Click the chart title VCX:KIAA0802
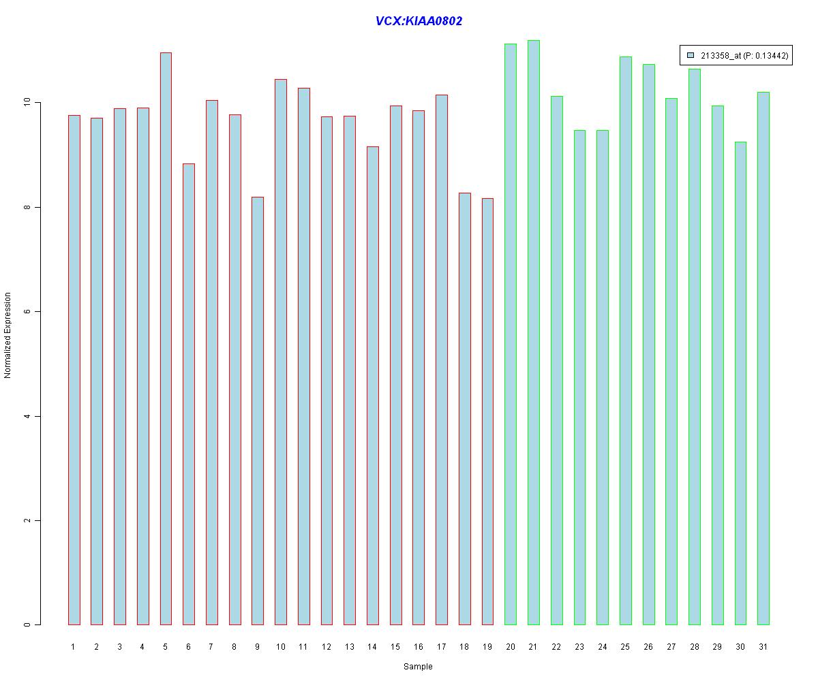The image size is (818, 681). click(x=419, y=21)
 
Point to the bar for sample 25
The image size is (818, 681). click(x=625, y=340)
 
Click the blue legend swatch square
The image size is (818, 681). click(x=691, y=55)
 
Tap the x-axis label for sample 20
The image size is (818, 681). click(x=511, y=647)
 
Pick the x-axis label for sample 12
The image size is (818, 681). click(x=327, y=647)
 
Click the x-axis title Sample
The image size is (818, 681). click(x=418, y=667)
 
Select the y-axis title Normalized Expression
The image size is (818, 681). click(x=8, y=335)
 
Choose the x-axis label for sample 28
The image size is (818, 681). click(x=695, y=647)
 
